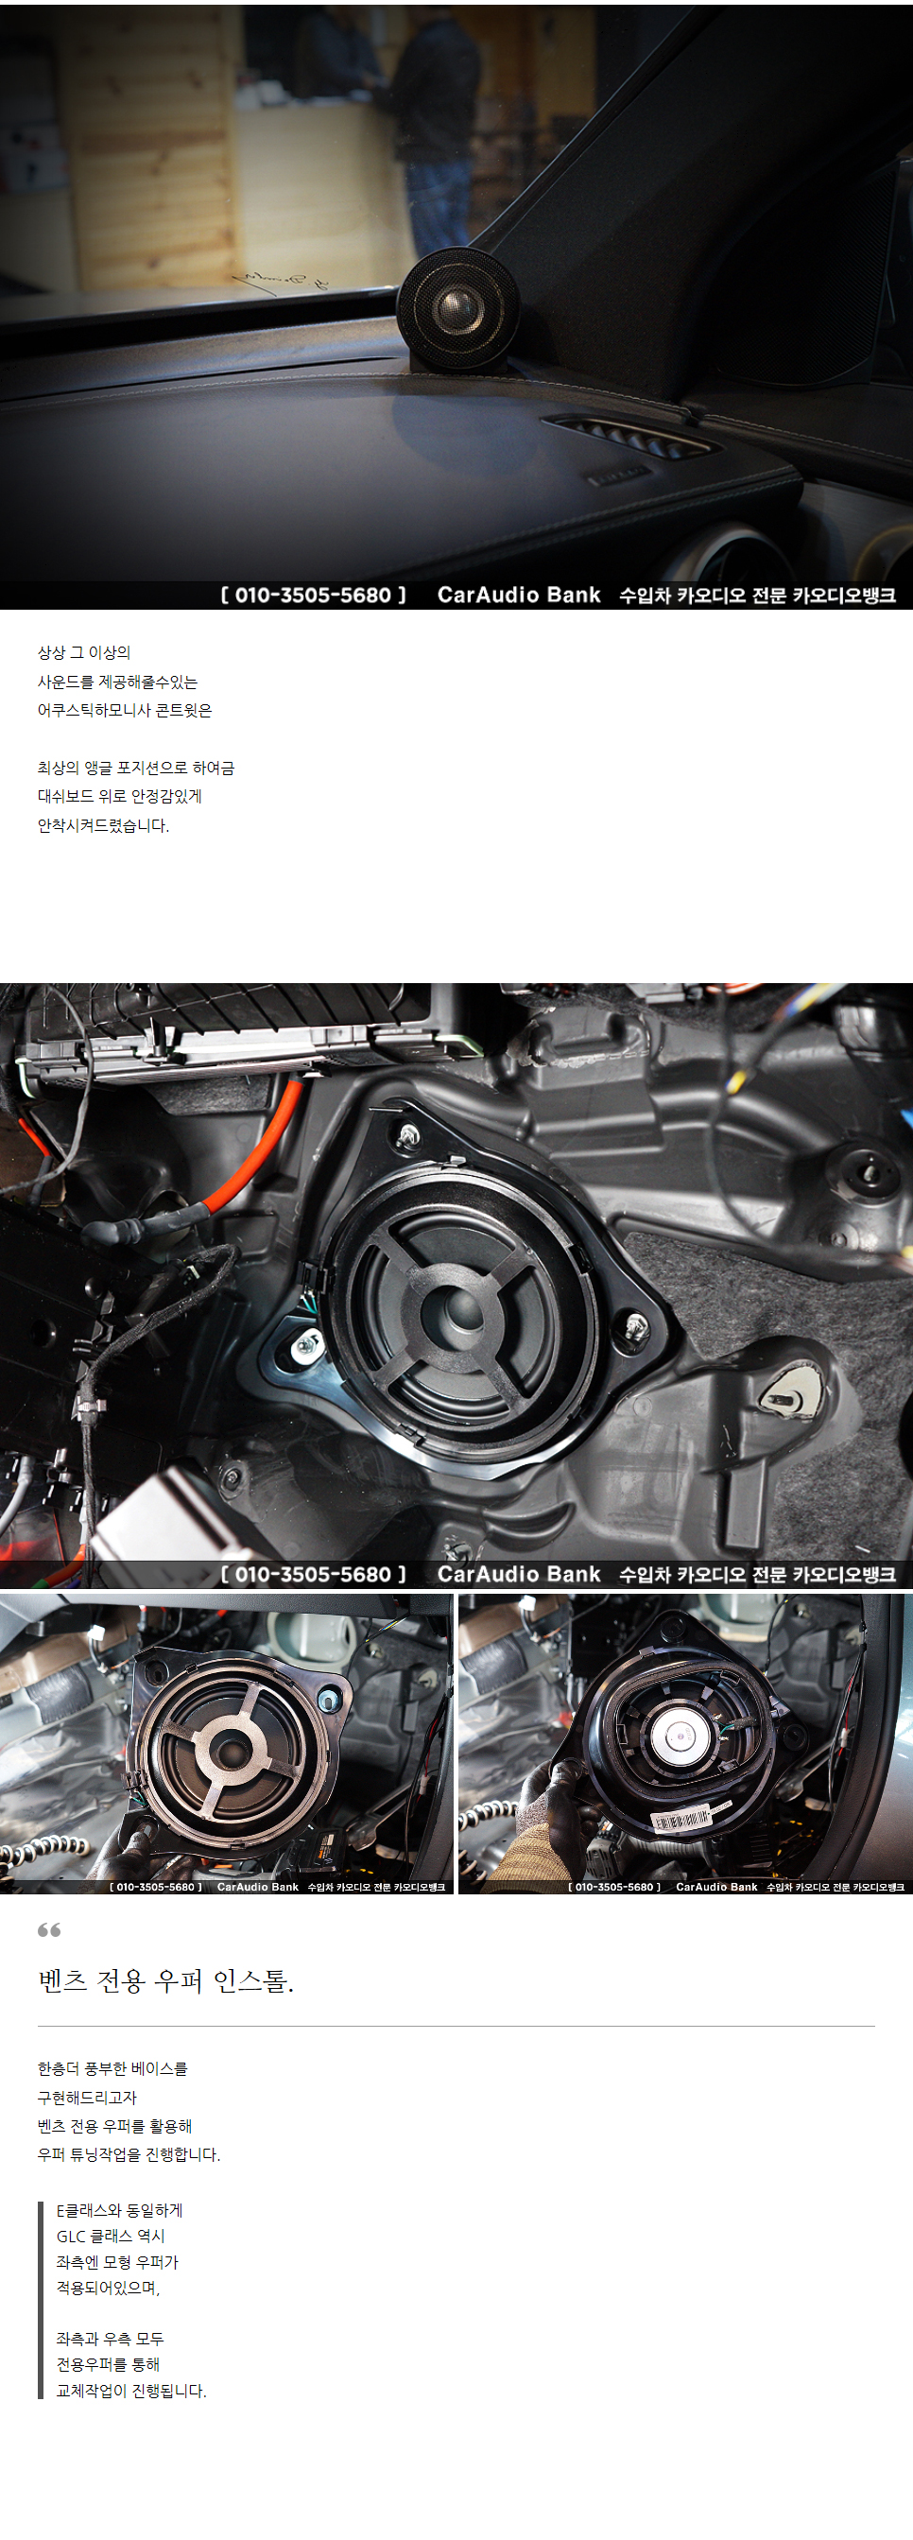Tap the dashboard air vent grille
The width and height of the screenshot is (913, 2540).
pyautogui.click(x=629, y=436)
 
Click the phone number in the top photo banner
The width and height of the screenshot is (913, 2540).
pyautogui.click(x=314, y=596)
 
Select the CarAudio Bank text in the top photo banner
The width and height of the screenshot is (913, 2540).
pyautogui.click(x=519, y=596)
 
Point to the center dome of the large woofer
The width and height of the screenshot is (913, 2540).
pyautogui.click(x=457, y=1311)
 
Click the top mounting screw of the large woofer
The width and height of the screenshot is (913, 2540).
pyautogui.click(x=406, y=1137)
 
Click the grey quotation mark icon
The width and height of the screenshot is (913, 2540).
pyautogui.click(x=49, y=1929)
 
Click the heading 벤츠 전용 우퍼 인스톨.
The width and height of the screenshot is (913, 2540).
pyautogui.click(x=165, y=1980)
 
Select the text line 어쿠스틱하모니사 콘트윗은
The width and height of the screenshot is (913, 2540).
pyautogui.click(x=124, y=710)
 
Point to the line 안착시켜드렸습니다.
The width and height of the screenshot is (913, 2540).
pyautogui.click(x=104, y=825)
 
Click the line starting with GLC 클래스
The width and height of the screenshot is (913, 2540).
pyautogui.click(x=111, y=2237)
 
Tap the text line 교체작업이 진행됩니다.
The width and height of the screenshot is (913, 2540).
pyautogui.click(x=131, y=2391)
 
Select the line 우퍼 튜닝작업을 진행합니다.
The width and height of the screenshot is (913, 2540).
pyautogui.click(x=129, y=2154)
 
